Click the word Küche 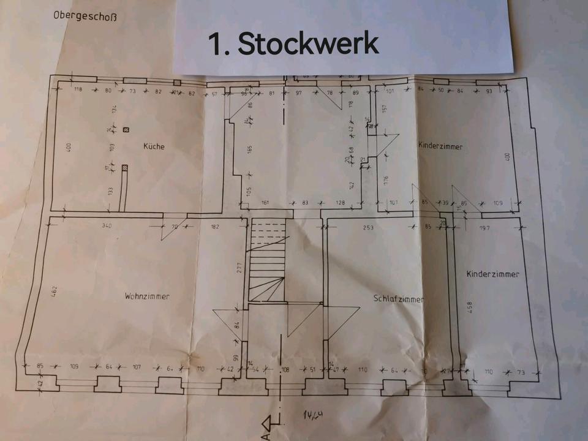tap(154, 146)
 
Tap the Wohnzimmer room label tap(147, 296)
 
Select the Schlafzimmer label tap(399, 298)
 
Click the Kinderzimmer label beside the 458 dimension tap(492, 274)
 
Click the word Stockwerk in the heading tap(308, 44)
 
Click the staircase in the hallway tap(268, 262)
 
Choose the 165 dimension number tap(249, 149)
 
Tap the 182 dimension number tap(215, 227)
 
